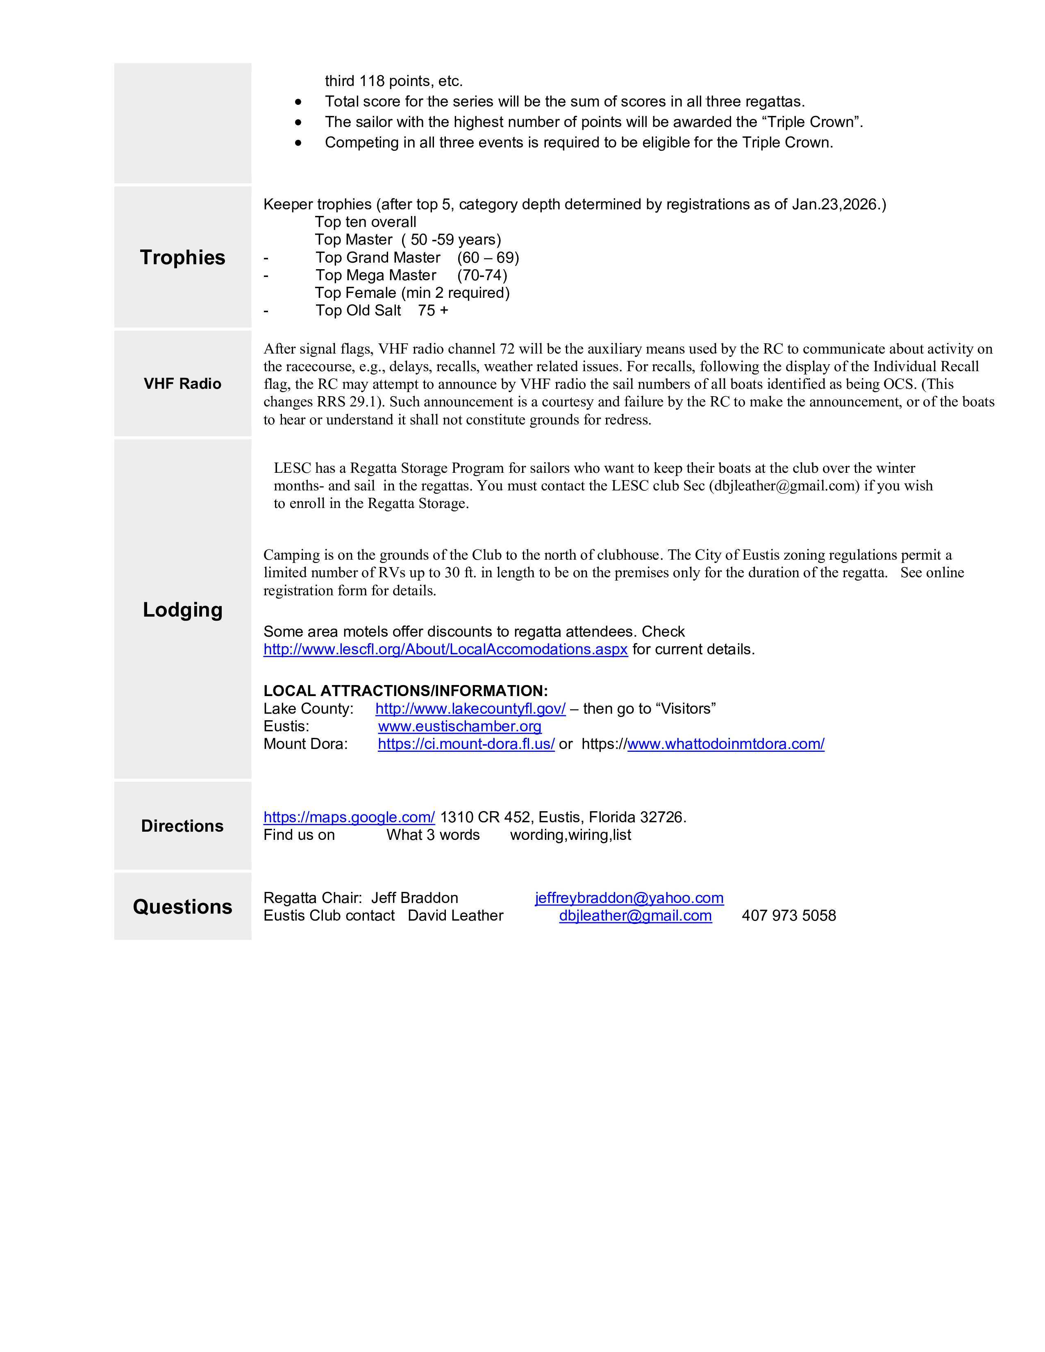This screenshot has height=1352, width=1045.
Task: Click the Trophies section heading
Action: [x=183, y=258]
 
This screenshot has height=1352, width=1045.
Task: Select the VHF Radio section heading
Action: [x=183, y=384]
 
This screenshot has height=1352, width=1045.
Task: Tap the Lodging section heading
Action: [x=183, y=610]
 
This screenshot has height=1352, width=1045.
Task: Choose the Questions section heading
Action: [x=183, y=907]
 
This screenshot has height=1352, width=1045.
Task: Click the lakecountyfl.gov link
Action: [x=470, y=709]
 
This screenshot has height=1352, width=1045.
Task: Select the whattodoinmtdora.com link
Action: [x=725, y=744]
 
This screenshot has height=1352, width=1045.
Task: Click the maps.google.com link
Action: [x=349, y=817]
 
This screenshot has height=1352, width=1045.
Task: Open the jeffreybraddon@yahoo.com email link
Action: [x=629, y=898]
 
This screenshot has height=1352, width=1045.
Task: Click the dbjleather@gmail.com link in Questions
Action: [x=635, y=916]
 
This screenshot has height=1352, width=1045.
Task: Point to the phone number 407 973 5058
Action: [x=789, y=916]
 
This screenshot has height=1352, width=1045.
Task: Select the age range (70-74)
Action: [x=482, y=275]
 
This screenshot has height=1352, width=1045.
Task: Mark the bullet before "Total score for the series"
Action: [x=299, y=102]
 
